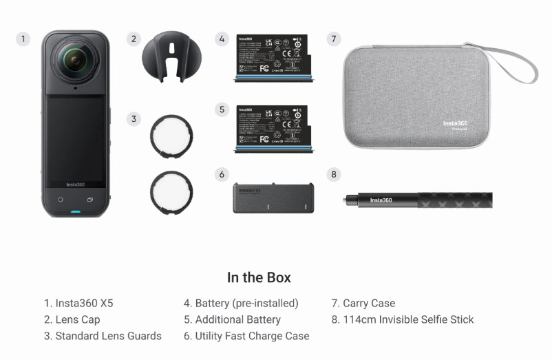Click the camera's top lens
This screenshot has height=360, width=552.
(75, 62)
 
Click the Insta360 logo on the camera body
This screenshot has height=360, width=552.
(75, 184)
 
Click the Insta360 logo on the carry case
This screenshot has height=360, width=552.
(455, 124)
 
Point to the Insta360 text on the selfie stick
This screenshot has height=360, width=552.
(381, 200)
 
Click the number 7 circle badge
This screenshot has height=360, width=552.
(334, 39)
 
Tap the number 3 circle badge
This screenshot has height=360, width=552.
(134, 119)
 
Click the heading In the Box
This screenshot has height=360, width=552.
(259, 277)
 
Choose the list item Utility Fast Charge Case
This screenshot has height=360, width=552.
(246, 336)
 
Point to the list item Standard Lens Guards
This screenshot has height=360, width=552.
(103, 336)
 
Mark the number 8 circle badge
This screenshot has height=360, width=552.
(334, 174)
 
